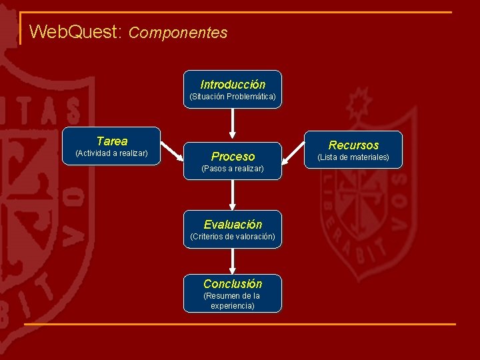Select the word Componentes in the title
[x=178, y=33]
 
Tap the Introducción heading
[x=233, y=85]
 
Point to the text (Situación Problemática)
[x=233, y=97]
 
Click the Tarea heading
[x=112, y=141]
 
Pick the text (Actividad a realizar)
[x=112, y=153]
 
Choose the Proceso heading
[x=233, y=157]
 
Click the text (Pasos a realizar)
[x=233, y=169]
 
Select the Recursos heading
[x=353, y=145]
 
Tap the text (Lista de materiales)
[x=353, y=157]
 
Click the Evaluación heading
[x=233, y=225]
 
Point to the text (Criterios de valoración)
[x=233, y=237]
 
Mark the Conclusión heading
[x=233, y=284]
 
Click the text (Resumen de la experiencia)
[x=233, y=301]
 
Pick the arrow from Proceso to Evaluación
[x=233, y=195]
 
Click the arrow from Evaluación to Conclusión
[x=233, y=261]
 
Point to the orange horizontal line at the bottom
[x=240, y=324]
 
